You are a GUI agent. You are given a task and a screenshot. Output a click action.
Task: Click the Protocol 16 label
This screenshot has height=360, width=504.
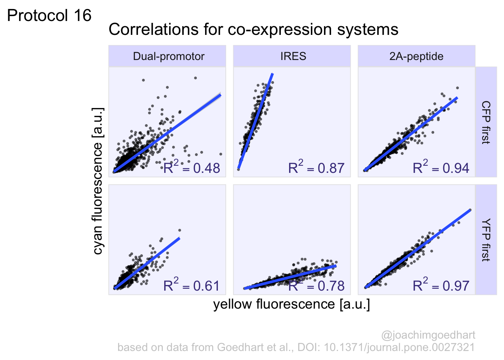[49, 16]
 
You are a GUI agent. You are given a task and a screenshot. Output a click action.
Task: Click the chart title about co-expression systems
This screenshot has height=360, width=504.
[253, 29]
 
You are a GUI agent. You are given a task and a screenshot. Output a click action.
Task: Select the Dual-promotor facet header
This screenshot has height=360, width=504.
[168, 56]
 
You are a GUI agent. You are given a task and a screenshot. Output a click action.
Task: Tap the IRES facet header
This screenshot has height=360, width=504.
[293, 56]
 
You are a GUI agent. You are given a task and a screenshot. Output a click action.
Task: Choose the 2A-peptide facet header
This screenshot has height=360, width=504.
[416, 56]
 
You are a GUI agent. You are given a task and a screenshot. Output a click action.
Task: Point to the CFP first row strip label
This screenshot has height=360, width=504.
[486, 122]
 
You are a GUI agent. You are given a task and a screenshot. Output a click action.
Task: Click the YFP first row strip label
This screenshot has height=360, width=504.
[486, 240]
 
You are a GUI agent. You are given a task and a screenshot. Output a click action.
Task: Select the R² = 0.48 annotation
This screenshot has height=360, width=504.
[192, 168]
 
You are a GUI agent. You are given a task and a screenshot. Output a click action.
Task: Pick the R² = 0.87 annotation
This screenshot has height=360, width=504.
[316, 168]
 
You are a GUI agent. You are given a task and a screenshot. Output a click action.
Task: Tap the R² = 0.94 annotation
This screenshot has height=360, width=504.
[441, 168]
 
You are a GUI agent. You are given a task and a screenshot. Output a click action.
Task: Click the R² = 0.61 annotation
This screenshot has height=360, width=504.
[191, 286]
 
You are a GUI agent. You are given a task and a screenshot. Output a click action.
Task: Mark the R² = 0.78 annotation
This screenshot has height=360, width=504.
[316, 286]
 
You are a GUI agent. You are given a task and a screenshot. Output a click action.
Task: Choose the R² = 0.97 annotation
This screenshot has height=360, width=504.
[441, 286]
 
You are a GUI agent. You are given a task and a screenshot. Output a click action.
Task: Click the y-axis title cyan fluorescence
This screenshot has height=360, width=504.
[97, 181]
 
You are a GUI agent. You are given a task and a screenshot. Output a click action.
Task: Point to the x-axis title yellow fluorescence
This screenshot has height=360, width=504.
[291, 304]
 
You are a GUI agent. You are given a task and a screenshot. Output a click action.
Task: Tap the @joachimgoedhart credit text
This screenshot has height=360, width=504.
[428, 335]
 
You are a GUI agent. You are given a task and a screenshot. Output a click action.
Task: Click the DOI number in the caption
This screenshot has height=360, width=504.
[399, 347]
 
